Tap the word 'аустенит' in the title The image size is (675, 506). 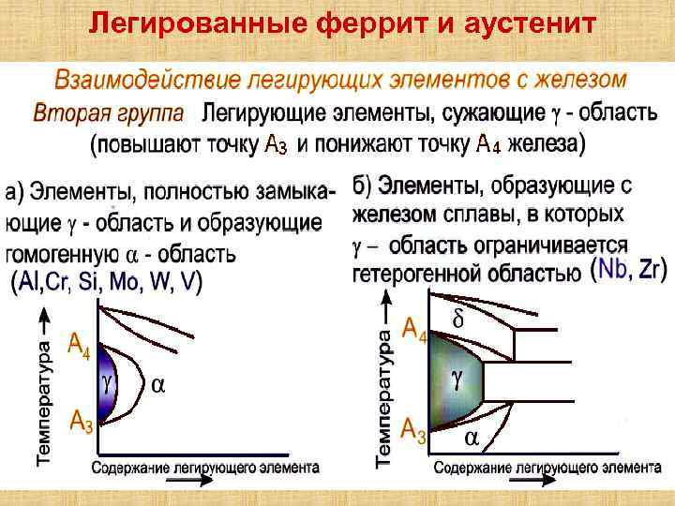click(530, 21)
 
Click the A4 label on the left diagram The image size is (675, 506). click(81, 348)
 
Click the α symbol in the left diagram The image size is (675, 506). click(159, 384)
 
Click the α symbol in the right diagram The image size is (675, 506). click(472, 438)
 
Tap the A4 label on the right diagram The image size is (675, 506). click(414, 329)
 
